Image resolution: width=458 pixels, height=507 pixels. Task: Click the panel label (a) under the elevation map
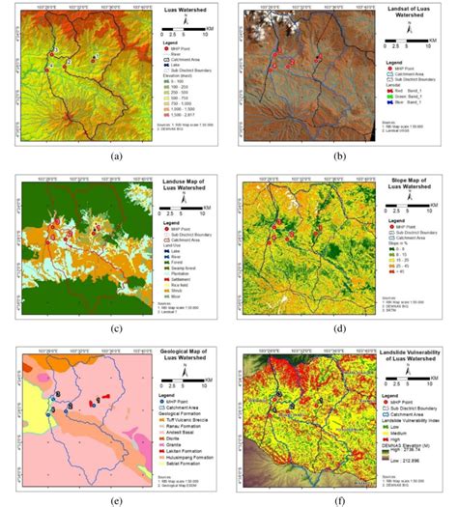pos(116,155)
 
